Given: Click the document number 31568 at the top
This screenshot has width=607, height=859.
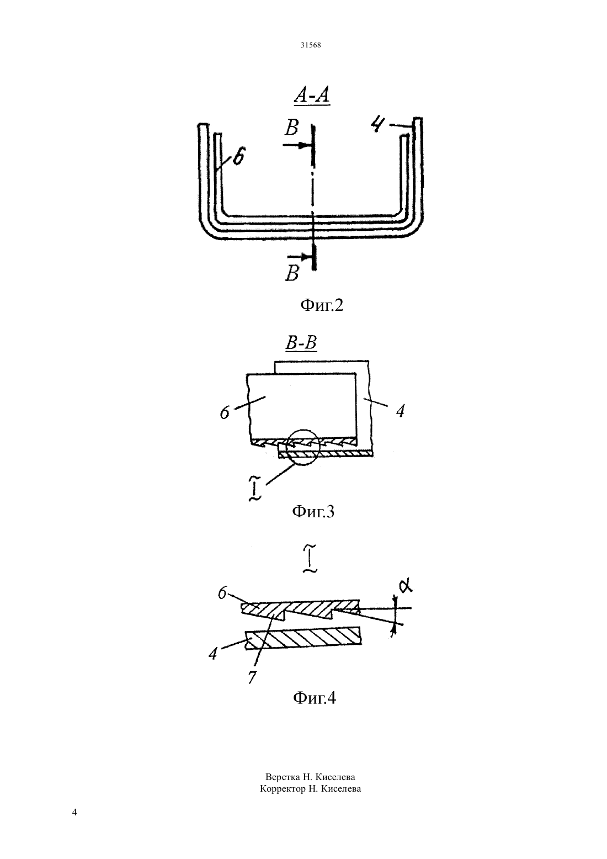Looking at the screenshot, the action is coord(310,45).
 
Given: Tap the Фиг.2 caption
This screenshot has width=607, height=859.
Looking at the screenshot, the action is coord(322,305).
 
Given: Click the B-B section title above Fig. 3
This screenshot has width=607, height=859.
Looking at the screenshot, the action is coord(301,342).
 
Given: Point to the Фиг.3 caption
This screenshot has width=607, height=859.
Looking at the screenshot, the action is coord(313,511).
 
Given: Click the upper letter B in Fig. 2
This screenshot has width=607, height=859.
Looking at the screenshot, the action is coord(291,128).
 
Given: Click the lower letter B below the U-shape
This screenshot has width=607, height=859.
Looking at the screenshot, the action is coord(292,274).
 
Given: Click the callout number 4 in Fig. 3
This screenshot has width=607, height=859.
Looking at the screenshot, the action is coord(400,411).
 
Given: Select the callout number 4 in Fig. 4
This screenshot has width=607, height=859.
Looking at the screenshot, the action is coord(213,653).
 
